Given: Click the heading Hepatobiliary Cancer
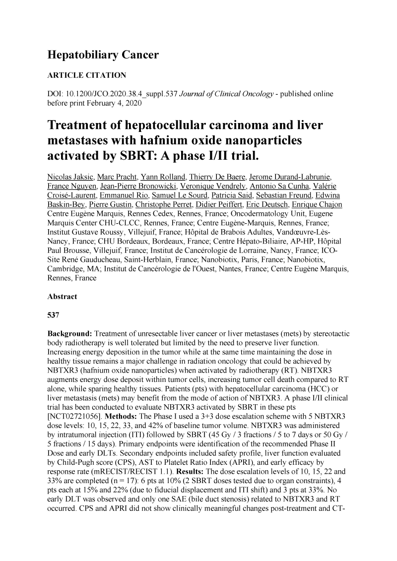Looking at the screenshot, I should (102, 55).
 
